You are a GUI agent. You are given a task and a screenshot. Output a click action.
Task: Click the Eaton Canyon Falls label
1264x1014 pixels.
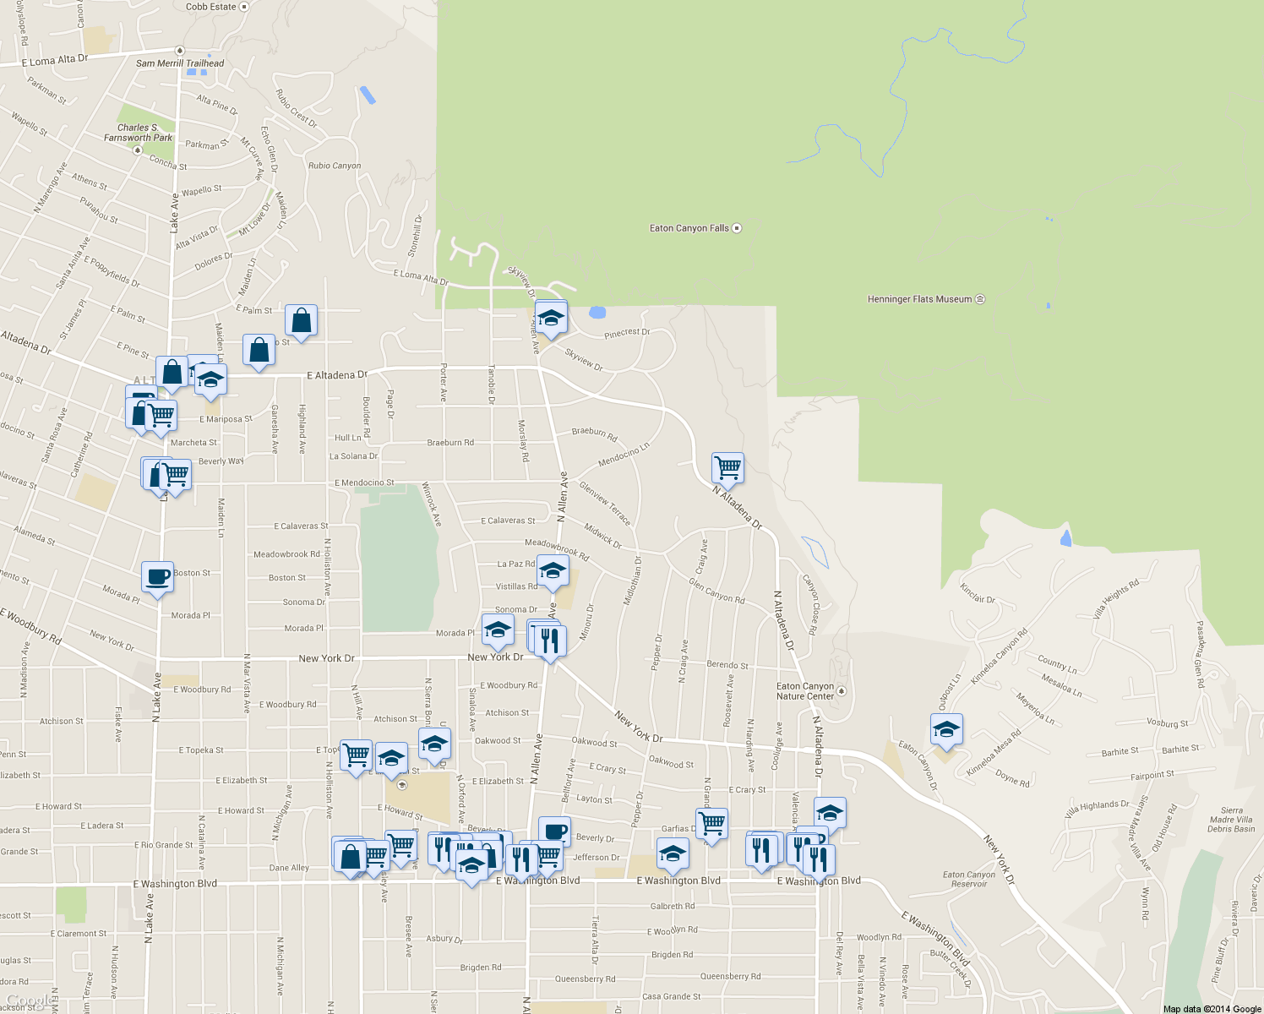coord(689,228)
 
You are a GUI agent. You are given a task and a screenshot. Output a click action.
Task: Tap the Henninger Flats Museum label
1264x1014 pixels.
coord(920,299)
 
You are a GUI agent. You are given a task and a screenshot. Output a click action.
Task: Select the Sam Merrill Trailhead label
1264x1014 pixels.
coord(180,63)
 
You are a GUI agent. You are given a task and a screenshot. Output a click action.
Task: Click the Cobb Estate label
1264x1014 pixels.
coord(211,7)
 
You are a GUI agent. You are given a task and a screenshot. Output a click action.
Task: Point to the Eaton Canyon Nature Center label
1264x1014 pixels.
coord(805,691)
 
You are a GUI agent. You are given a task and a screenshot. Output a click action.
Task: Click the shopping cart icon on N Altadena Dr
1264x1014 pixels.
coord(727,467)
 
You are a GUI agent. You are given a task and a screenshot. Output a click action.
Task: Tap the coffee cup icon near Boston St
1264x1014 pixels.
coord(158,578)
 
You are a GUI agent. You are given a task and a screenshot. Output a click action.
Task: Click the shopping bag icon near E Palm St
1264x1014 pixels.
coord(301,321)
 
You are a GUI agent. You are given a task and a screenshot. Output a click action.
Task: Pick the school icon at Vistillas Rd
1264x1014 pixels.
coord(553,571)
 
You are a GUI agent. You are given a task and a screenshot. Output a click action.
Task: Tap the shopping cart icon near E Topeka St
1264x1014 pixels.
coord(357,755)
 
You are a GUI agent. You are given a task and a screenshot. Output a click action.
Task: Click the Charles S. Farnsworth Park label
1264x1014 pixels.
coord(138,133)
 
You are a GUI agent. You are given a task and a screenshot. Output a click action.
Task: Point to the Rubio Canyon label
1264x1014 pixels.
coord(335,166)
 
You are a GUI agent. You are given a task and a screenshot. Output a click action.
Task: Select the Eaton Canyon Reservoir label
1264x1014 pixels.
coord(969,880)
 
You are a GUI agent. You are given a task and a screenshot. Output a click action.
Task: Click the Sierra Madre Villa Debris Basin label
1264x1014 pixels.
coord(1231,820)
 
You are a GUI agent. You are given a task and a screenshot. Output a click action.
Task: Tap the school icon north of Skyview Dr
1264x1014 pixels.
coord(551,319)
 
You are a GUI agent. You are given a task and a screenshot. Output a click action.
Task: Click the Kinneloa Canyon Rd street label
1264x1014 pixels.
coord(999,657)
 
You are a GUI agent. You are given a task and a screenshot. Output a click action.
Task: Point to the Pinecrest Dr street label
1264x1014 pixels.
coord(627,333)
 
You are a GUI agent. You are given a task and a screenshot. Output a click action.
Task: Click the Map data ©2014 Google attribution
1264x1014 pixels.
coord(1212,1009)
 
